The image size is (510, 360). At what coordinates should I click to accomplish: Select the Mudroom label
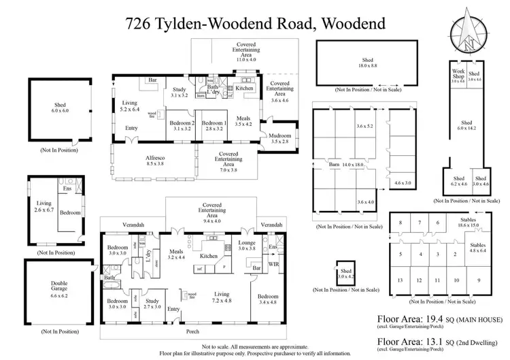click(x=279, y=138)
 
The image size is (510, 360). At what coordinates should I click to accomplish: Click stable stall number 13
click(x=401, y=280)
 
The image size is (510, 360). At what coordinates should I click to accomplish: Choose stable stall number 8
click(x=401, y=223)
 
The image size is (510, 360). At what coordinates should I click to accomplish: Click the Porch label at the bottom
click(x=192, y=331)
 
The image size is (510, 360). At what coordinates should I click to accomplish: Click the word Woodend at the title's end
click(x=350, y=24)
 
